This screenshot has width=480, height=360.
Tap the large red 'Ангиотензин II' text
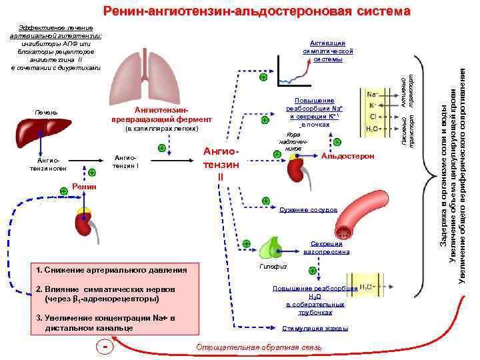click(x=221, y=164)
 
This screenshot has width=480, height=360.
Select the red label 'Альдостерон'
click(x=347, y=156)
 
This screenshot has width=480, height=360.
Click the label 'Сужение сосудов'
click(x=308, y=209)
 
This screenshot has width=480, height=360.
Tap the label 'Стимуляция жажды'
click(x=315, y=328)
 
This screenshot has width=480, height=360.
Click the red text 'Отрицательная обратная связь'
click(x=259, y=348)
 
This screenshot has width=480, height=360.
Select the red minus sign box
click(x=105, y=347)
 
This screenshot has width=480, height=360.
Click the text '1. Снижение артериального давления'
click(x=112, y=269)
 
